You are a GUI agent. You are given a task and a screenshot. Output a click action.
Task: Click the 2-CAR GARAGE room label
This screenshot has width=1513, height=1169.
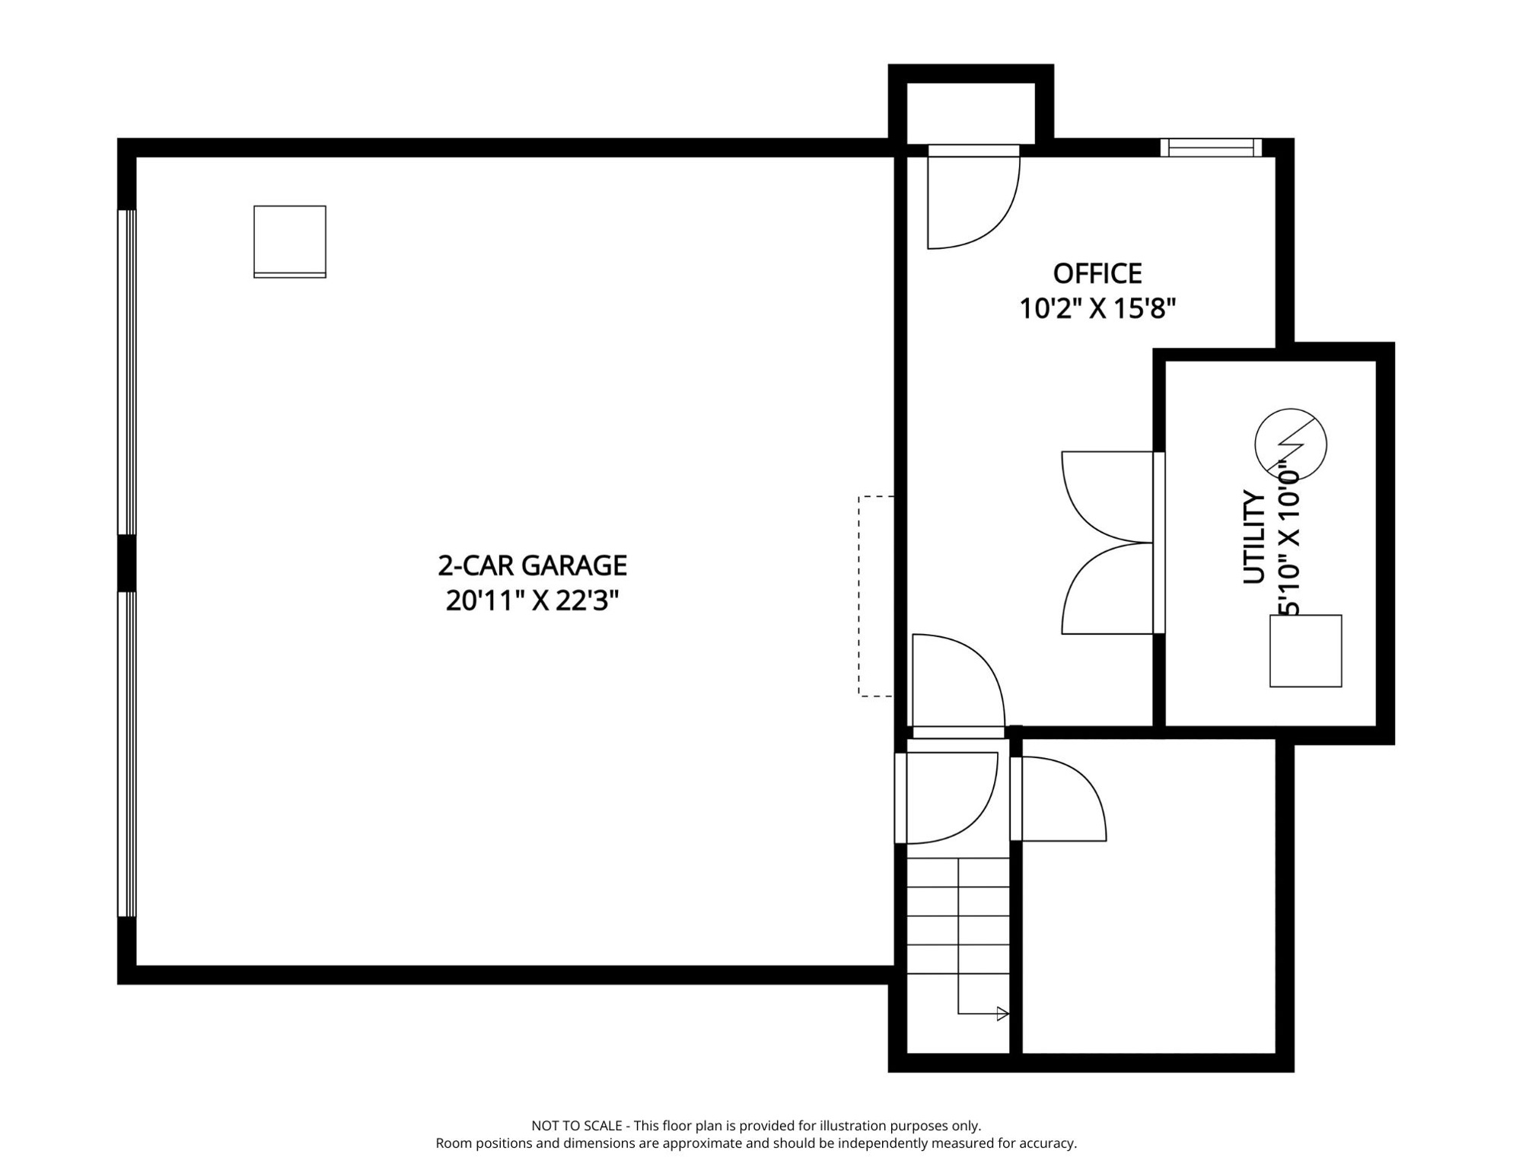point(532,565)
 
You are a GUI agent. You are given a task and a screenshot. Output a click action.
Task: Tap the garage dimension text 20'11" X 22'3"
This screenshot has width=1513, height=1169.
point(532,601)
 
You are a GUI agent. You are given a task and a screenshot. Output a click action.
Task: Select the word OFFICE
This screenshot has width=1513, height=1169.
point(1097,273)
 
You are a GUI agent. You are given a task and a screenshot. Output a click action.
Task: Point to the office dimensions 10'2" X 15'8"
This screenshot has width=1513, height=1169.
point(1097,309)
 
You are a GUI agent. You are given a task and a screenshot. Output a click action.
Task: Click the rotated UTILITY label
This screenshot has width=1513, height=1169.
point(1254,537)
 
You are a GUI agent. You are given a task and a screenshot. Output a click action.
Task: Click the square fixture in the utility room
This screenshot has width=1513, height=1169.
point(1305,651)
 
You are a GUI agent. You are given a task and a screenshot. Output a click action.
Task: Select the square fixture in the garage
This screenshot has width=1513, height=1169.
point(290,241)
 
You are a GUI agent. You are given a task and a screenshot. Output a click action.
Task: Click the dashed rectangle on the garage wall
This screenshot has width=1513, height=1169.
point(876,596)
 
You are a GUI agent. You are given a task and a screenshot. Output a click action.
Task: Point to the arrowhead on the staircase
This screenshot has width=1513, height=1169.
point(1003,1014)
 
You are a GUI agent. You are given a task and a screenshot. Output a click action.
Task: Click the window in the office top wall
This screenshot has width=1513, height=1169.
point(1211,148)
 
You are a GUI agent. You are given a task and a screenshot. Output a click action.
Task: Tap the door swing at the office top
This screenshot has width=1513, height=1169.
point(973,196)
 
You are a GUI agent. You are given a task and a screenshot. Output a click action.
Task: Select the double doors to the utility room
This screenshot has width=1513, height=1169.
point(1113,543)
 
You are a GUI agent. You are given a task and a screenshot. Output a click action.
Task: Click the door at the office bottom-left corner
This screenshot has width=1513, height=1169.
point(958,686)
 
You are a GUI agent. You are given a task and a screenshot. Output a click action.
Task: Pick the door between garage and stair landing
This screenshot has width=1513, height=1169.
point(946,798)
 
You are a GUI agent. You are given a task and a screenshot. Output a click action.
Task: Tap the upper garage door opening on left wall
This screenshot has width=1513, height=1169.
point(126,372)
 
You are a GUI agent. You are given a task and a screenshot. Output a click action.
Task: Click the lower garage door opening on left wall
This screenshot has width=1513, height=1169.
point(126,754)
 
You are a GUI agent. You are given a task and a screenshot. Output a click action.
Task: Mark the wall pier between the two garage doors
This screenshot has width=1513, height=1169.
point(126,563)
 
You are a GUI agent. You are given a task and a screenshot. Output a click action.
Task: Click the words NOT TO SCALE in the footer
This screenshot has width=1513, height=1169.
point(577,1126)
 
